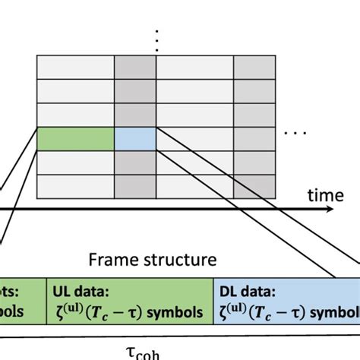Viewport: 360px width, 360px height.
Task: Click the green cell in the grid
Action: [x=76, y=139]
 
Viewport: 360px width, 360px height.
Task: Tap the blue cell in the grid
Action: [x=135, y=139]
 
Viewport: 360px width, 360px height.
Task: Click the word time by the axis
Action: [x=325, y=195]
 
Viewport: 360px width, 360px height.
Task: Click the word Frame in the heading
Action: [x=110, y=260]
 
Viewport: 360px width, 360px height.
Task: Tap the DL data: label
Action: [x=245, y=291]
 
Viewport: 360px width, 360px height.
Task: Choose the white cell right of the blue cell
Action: [x=194, y=139]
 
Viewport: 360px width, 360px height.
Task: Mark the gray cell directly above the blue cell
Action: [x=135, y=115]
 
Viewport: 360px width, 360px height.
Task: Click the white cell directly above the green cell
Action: [x=76, y=115]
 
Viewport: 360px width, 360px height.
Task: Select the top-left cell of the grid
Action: [x=76, y=66]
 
